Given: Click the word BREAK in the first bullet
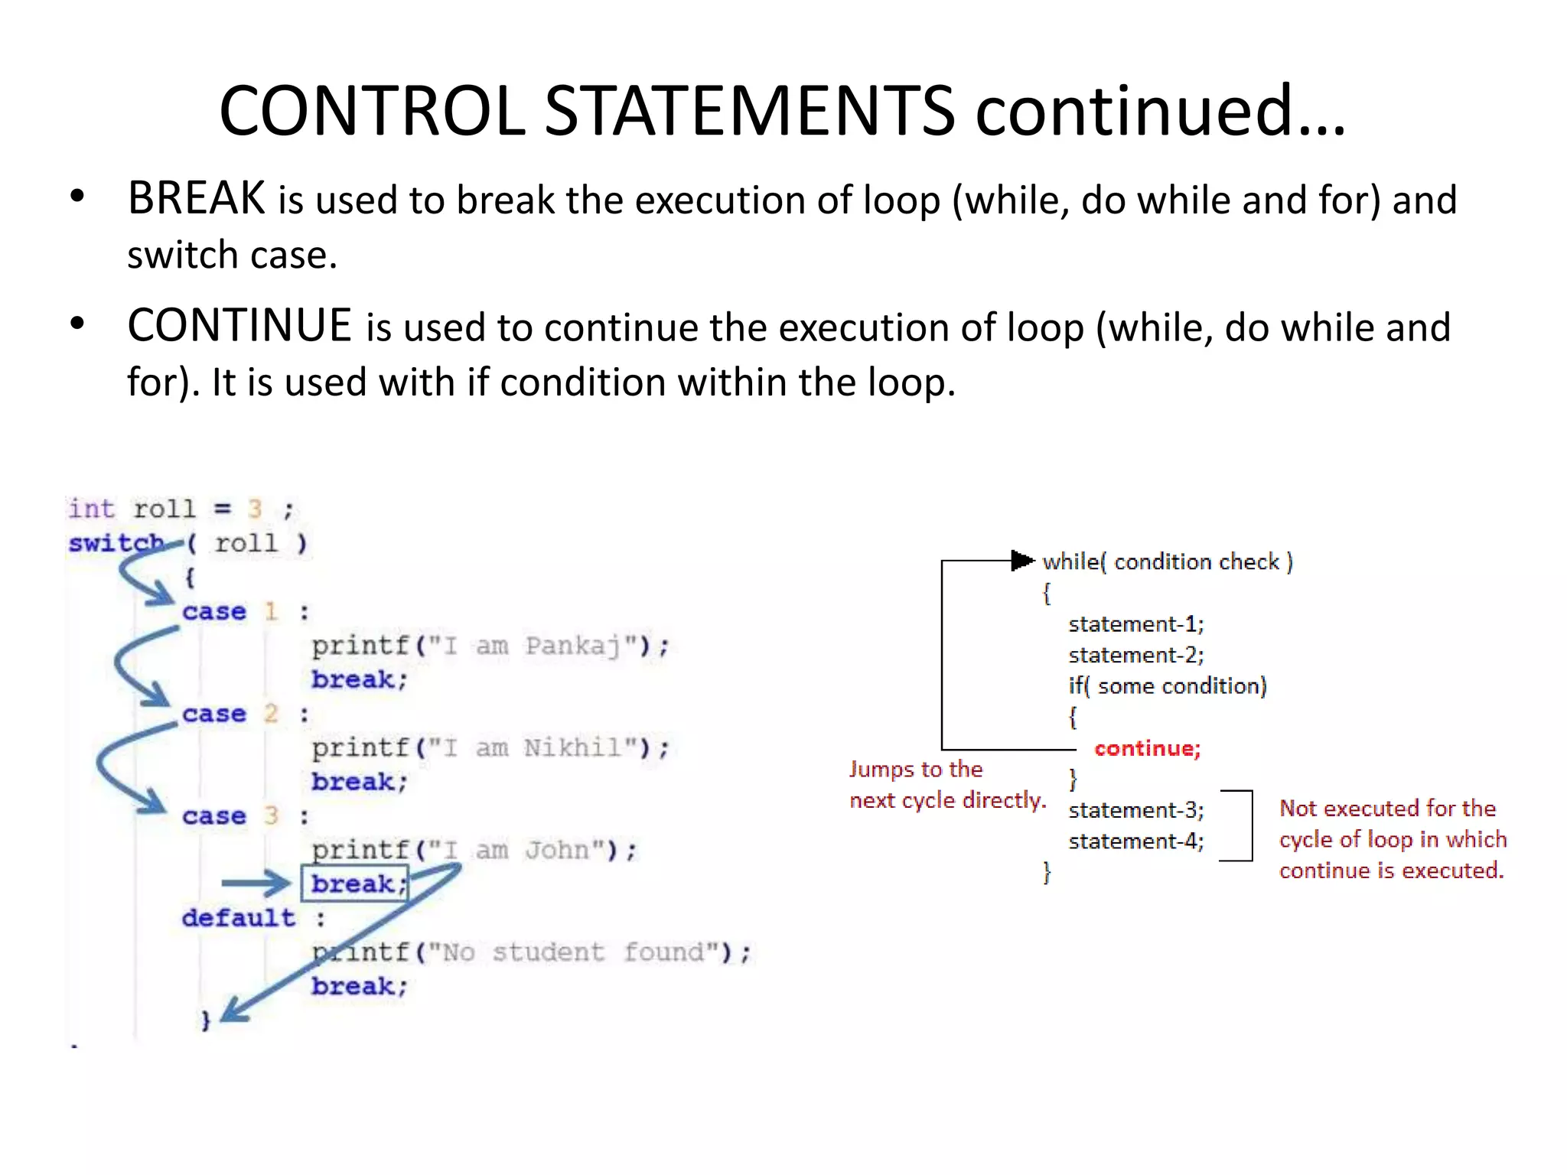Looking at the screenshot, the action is click(x=196, y=199).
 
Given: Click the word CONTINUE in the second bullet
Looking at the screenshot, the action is click(x=239, y=326).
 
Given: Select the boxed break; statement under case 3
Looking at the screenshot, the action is click(x=355, y=884).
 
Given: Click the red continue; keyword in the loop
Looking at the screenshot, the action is click(x=1147, y=748).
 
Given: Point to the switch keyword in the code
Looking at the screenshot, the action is click(x=115, y=543).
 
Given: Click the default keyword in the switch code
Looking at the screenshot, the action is click(x=238, y=917).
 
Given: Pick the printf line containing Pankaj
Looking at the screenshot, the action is click(x=490, y=646).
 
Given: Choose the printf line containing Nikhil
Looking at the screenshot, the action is click(x=490, y=748).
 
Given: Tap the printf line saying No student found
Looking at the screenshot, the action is click(x=531, y=952).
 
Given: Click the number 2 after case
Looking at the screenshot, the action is click(x=271, y=714).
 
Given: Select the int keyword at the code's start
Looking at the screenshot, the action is click(x=91, y=509).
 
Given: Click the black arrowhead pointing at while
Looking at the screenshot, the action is click(x=1021, y=561).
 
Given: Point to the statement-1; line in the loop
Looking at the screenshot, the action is click(x=1135, y=624).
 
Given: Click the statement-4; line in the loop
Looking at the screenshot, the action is click(x=1135, y=841).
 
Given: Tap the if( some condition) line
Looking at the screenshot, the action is click(x=1167, y=686).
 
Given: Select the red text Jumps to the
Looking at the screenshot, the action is click(x=916, y=770).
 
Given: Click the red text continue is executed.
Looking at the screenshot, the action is click(x=1391, y=871).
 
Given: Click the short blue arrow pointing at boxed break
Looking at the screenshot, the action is click(x=256, y=884).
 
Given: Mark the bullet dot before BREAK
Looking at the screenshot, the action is click(x=77, y=197).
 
